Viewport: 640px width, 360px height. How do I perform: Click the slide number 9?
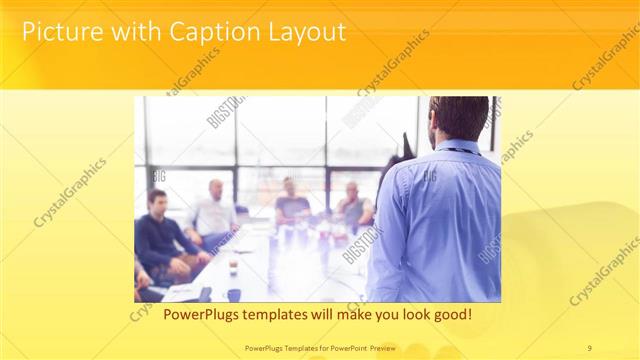pyautogui.click(x=589, y=347)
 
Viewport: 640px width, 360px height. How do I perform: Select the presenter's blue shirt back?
pyautogui.click(x=440, y=220)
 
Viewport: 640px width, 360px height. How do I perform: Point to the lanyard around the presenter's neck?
pyautogui.click(x=462, y=150)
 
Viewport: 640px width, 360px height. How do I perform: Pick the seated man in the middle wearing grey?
pyautogui.click(x=292, y=206)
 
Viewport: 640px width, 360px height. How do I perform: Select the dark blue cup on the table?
pyautogui.click(x=233, y=294)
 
